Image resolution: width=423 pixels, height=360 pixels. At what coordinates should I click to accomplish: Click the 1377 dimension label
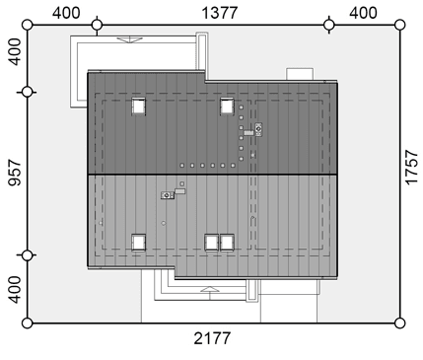click(x=219, y=13)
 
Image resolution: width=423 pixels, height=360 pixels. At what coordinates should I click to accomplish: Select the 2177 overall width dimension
click(x=212, y=338)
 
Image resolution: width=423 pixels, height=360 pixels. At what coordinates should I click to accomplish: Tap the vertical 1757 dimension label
click(x=411, y=168)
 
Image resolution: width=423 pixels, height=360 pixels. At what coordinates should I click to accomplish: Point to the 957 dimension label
click(x=14, y=173)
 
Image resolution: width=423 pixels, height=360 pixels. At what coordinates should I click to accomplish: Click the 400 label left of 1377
click(x=66, y=13)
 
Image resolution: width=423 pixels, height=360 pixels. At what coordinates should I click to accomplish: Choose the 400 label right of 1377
click(x=363, y=13)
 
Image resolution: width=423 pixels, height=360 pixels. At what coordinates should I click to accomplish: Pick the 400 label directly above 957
click(x=14, y=52)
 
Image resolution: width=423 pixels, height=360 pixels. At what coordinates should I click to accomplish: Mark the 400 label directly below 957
click(x=14, y=290)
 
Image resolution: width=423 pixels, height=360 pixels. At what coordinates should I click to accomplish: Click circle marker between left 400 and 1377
click(x=97, y=25)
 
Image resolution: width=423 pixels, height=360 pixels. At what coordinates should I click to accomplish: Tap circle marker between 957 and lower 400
click(x=28, y=255)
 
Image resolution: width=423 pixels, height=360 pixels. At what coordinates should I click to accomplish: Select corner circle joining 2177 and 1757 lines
click(x=399, y=324)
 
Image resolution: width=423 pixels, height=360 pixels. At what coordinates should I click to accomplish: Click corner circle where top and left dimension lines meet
click(x=28, y=25)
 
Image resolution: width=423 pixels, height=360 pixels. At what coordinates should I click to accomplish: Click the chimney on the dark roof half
click(x=258, y=129)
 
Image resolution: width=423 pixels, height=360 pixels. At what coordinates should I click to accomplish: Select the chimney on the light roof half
click(x=168, y=195)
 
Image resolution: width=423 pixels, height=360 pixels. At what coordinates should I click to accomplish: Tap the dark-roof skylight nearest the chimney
click(x=227, y=107)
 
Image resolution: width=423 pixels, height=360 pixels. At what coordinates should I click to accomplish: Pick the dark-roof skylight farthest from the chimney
click(x=138, y=107)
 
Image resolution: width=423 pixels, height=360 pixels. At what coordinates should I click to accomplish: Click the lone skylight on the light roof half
click(x=138, y=243)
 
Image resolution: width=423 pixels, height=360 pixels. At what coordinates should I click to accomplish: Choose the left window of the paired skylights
click(x=212, y=243)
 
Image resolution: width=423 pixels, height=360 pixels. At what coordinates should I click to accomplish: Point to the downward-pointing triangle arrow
click(x=130, y=39)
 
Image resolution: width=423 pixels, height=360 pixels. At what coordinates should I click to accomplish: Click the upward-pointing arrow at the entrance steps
click(x=210, y=289)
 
